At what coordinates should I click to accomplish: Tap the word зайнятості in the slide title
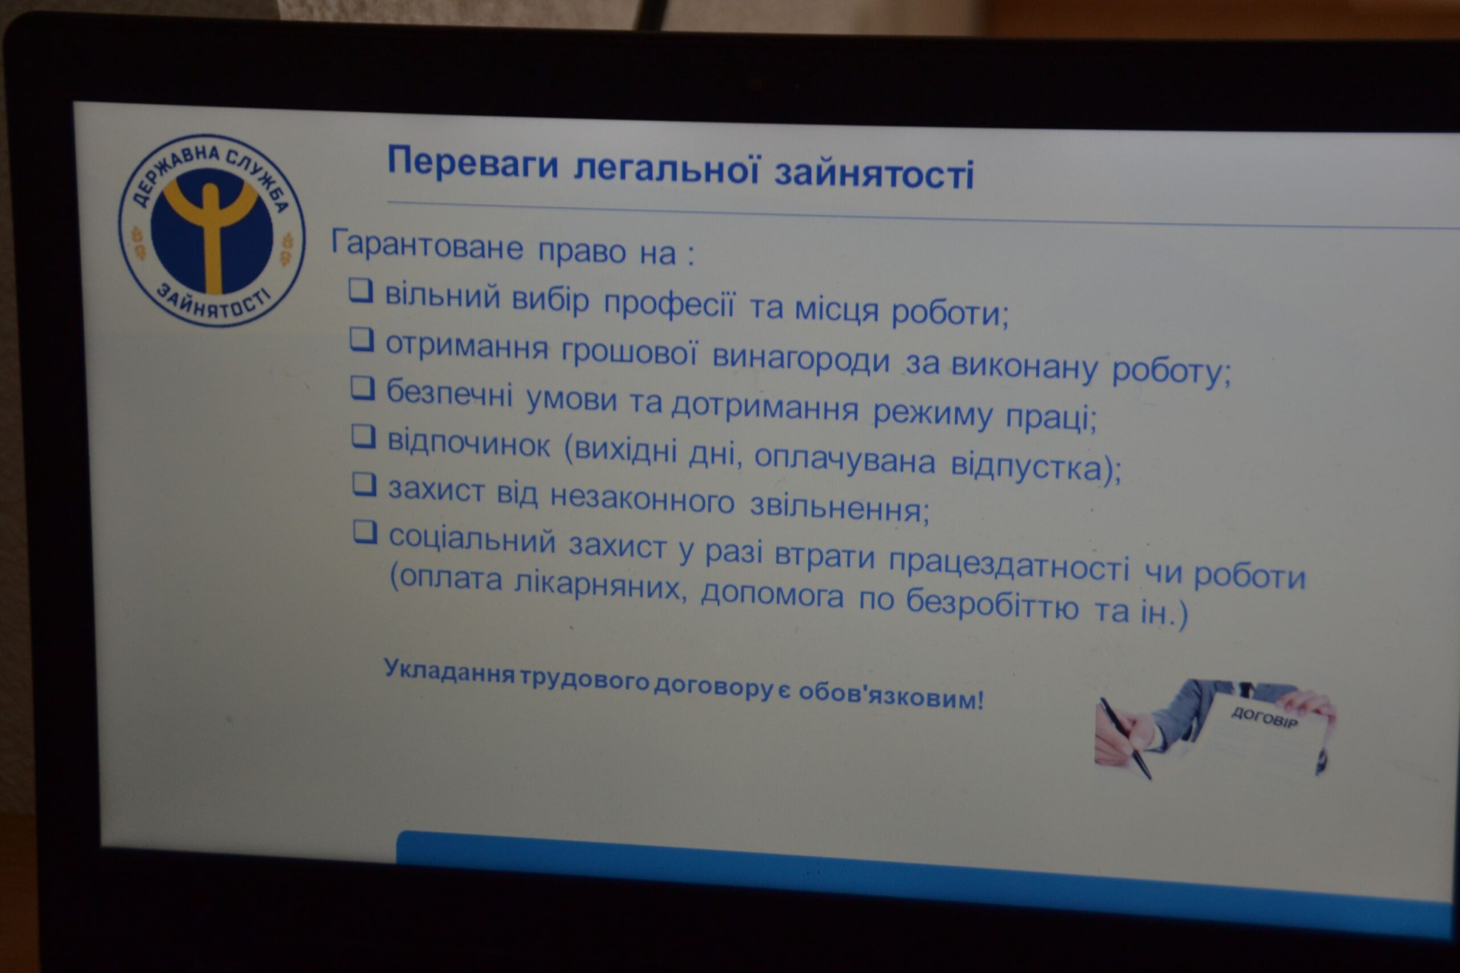(x=874, y=173)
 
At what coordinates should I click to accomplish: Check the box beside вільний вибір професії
(x=360, y=290)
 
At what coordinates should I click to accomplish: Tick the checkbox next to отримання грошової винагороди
(x=362, y=339)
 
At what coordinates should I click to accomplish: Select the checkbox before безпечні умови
(x=363, y=388)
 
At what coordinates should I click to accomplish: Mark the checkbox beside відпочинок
(x=364, y=435)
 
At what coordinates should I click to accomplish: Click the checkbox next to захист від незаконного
(x=364, y=484)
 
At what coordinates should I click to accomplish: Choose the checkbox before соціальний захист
(x=365, y=532)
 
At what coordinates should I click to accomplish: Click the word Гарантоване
(x=427, y=245)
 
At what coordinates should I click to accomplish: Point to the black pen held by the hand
(x=1125, y=738)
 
